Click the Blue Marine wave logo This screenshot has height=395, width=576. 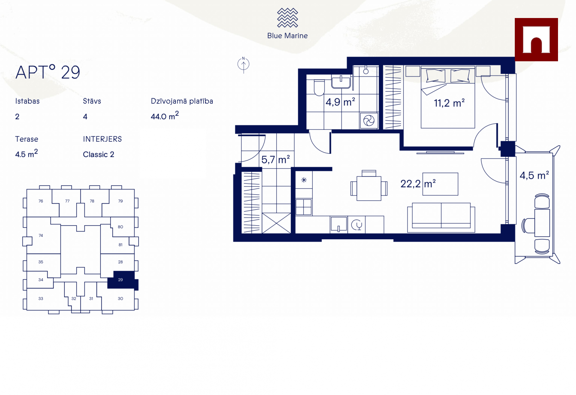287,18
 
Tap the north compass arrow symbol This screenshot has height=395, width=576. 243,65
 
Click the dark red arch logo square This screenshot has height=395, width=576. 536,40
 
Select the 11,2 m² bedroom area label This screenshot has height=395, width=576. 449,103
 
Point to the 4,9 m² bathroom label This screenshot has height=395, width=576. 340,102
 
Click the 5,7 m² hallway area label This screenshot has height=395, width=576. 275,160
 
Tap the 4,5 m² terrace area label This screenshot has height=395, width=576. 534,176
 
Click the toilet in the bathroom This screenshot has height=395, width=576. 319,88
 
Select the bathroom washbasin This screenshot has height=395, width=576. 341,81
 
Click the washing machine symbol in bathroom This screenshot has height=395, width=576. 369,120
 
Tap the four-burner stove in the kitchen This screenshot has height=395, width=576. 303,207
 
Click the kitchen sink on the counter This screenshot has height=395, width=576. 339,225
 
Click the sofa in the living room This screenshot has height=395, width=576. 441,218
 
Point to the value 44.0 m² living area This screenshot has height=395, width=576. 165,116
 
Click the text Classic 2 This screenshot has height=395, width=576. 99,155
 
